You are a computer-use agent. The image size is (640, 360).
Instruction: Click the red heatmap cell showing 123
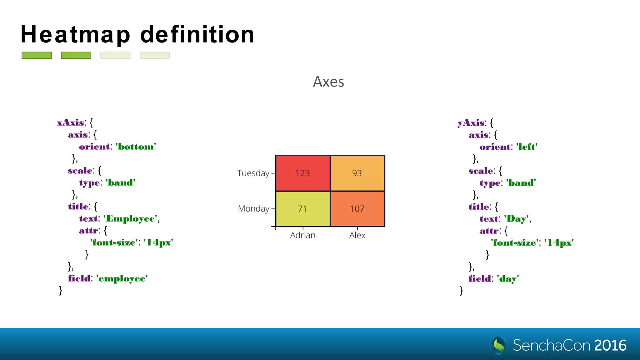[302, 173]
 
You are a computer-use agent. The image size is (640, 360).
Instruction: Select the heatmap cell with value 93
[357, 173]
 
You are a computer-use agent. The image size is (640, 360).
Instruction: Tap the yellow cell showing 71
[302, 209]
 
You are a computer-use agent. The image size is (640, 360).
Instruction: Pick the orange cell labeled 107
[357, 209]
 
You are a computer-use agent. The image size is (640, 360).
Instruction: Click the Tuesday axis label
[253, 173]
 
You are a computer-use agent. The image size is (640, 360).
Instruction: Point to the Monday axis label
[253, 208]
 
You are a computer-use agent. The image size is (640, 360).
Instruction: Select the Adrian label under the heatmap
[302, 235]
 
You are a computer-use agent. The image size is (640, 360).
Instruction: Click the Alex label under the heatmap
[357, 235]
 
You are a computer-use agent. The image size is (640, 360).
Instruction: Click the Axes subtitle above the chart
[328, 82]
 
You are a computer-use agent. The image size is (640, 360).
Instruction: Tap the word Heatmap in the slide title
[75, 34]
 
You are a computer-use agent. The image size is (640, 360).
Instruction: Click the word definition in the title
[197, 34]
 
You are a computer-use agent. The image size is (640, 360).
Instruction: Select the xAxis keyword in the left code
[71, 122]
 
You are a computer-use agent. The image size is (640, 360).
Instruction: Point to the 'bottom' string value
[136, 147]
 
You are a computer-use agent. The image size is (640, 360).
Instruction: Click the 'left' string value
[527, 147]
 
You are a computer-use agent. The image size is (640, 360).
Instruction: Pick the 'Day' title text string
[516, 218]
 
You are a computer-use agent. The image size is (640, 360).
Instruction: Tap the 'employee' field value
[122, 278]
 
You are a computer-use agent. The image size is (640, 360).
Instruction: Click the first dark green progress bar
[37, 55]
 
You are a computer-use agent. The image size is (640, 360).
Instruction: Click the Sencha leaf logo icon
[499, 345]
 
